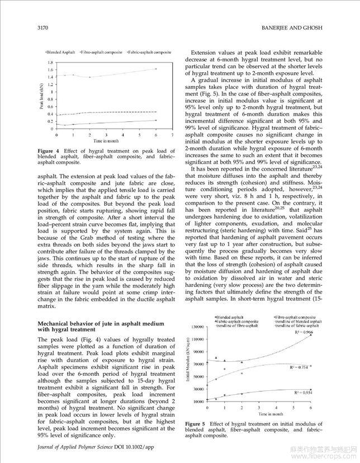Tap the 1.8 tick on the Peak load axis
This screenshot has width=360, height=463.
click(x=50, y=63)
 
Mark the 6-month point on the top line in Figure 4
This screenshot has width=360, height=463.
click(x=155, y=69)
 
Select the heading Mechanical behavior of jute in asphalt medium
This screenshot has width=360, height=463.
click(x=101, y=324)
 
